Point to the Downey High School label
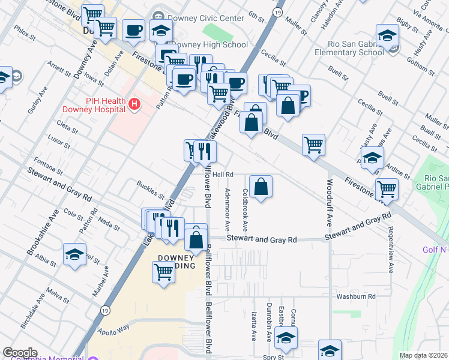(x=208, y=45)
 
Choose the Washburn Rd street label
(x=355, y=296)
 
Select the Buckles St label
(x=150, y=190)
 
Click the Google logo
(x=20, y=353)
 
